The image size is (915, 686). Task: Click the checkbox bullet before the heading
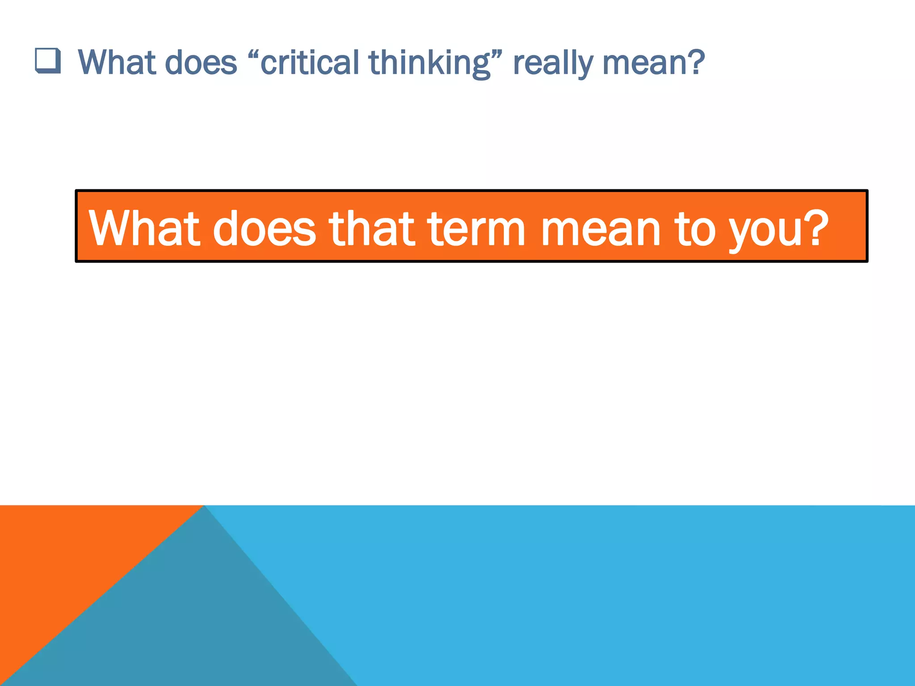[x=48, y=61]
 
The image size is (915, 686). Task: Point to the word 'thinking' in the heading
[x=429, y=63]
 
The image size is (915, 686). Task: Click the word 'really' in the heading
[x=553, y=63]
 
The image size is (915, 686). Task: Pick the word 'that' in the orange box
[x=372, y=228]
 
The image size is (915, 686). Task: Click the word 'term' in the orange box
[x=476, y=228]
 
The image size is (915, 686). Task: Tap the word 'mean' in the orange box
[x=600, y=228]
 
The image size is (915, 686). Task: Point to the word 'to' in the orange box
[x=695, y=228]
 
